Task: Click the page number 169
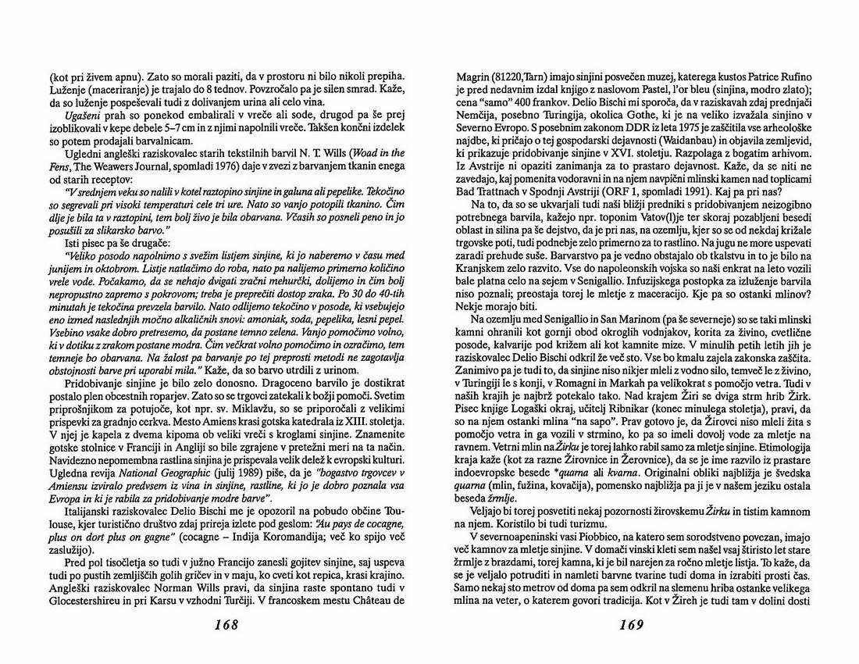click(630, 626)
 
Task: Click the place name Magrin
click(472, 79)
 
